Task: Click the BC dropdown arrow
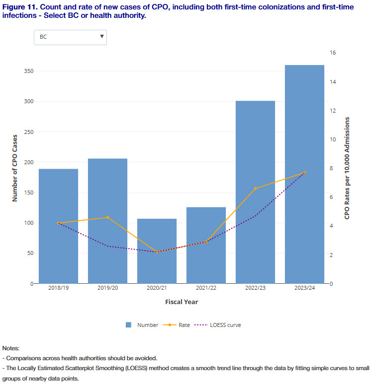101,36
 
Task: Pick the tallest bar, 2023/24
304,174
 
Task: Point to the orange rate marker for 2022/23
255,189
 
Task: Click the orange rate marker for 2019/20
107,217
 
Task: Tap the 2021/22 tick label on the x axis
206,288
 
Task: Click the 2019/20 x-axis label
107,288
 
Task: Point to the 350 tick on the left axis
28,71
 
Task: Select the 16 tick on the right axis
333,53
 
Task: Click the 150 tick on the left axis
28,192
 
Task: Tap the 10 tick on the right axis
333,139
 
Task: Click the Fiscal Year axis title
182,302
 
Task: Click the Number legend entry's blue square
128,325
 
